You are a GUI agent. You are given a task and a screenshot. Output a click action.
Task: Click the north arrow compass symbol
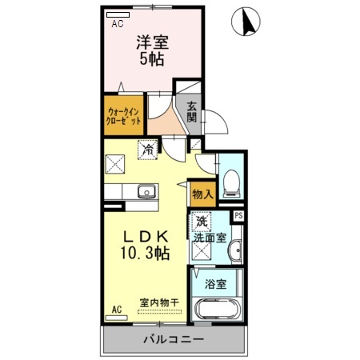(246, 21)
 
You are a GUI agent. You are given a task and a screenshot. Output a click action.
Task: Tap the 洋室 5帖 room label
(152, 50)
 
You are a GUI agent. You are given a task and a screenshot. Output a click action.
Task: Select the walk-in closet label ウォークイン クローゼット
(123, 116)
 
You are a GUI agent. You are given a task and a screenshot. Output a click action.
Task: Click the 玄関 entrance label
(191, 112)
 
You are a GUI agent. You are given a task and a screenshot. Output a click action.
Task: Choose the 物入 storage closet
(202, 194)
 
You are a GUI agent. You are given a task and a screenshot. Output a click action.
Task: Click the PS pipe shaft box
(238, 216)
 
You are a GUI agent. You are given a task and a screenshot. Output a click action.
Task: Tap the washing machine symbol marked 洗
(201, 221)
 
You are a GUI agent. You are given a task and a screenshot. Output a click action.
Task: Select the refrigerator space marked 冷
(147, 150)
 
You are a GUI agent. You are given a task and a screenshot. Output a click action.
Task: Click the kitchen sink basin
(146, 192)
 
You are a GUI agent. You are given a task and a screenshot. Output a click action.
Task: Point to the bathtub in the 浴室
(217, 310)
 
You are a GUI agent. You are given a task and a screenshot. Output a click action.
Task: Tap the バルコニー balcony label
(174, 339)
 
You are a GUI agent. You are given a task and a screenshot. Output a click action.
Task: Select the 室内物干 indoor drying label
(159, 302)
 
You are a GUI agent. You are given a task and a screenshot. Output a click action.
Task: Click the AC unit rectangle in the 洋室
(118, 14)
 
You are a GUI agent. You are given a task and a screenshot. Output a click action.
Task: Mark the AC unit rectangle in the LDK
(117, 318)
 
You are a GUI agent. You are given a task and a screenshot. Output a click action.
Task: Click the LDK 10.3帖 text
(146, 245)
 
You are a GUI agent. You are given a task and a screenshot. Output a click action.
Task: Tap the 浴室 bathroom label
(216, 284)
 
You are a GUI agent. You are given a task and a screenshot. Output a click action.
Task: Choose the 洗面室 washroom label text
(210, 238)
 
